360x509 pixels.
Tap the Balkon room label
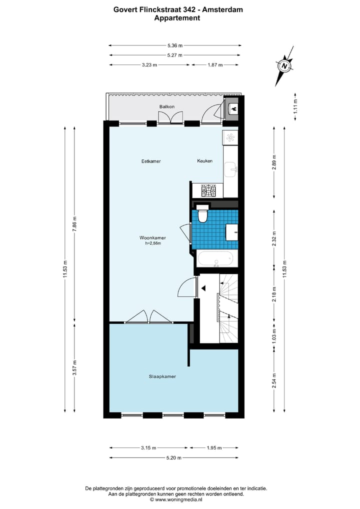coord(166,107)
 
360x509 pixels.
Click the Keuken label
coord(204,161)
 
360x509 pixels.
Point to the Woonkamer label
coord(152,238)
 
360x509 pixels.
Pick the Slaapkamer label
coord(162,376)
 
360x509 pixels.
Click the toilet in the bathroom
coord(202,215)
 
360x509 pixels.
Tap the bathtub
coord(215,259)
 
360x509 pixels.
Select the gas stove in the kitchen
coord(208,190)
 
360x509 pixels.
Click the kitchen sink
coord(232,169)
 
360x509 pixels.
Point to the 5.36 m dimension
coord(175,45)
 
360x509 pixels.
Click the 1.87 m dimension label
coord(215,65)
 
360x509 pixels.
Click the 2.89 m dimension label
coord(274,162)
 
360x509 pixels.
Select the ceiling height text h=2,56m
coord(152,243)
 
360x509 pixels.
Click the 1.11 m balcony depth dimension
coord(295,108)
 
